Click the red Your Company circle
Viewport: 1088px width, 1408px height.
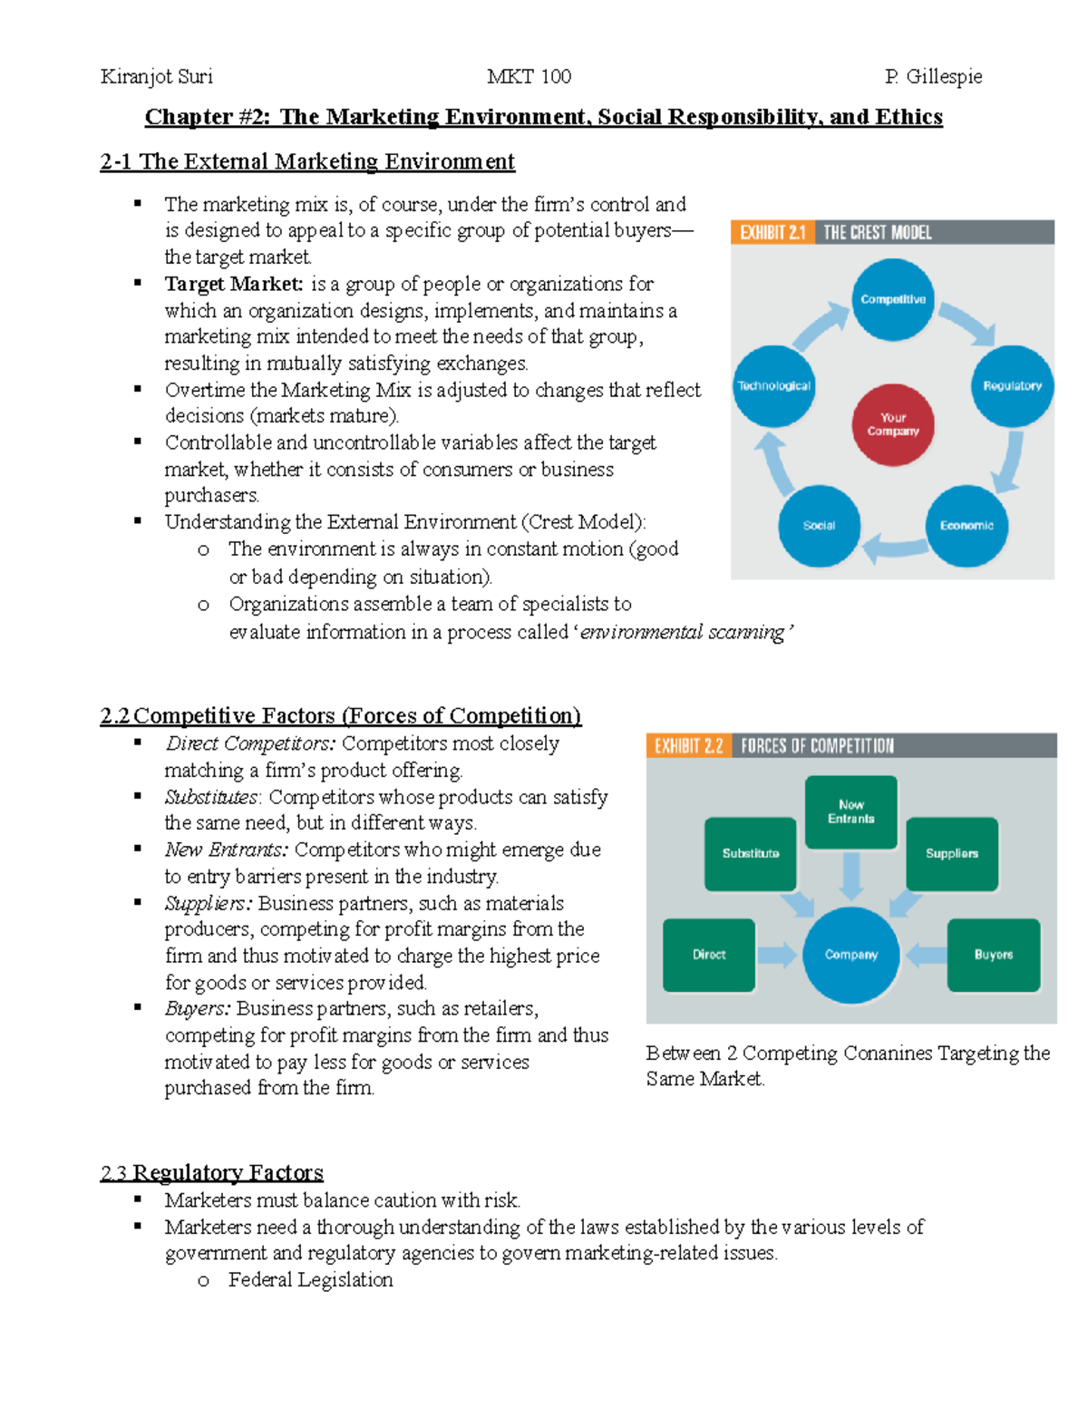pyautogui.click(x=893, y=424)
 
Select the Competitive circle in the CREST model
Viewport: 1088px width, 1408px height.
pyautogui.click(x=893, y=299)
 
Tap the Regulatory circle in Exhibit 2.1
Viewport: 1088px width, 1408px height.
pyautogui.click(x=1012, y=385)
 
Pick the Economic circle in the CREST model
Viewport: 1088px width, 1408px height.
pyautogui.click(x=967, y=525)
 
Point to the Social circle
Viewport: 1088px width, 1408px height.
pyautogui.click(x=819, y=525)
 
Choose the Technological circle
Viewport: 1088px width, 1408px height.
pyautogui.click(x=773, y=385)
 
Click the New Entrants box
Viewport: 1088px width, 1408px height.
pyautogui.click(x=850, y=811)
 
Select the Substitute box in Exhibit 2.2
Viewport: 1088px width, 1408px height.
pyautogui.click(x=751, y=853)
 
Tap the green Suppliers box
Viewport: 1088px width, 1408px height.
pyautogui.click(x=952, y=853)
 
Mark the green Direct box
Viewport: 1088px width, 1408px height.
pyautogui.click(x=709, y=955)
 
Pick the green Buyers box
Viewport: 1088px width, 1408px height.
pyautogui.click(x=994, y=955)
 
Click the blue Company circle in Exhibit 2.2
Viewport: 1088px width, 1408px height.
pyautogui.click(x=850, y=955)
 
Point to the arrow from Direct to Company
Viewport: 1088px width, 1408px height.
pyautogui.click(x=776, y=955)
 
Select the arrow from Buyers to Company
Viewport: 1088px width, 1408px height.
pyautogui.click(x=926, y=955)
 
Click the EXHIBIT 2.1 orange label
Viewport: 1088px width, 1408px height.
pyautogui.click(x=772, y=232)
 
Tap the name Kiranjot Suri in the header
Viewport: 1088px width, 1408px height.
pyautogui.click(x=157, y=76)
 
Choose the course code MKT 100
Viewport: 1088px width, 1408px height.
pyautogui.click(x=529, y=76)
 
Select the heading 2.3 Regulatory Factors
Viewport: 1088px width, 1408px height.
pyautogui.click(x=211, y=1172)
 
